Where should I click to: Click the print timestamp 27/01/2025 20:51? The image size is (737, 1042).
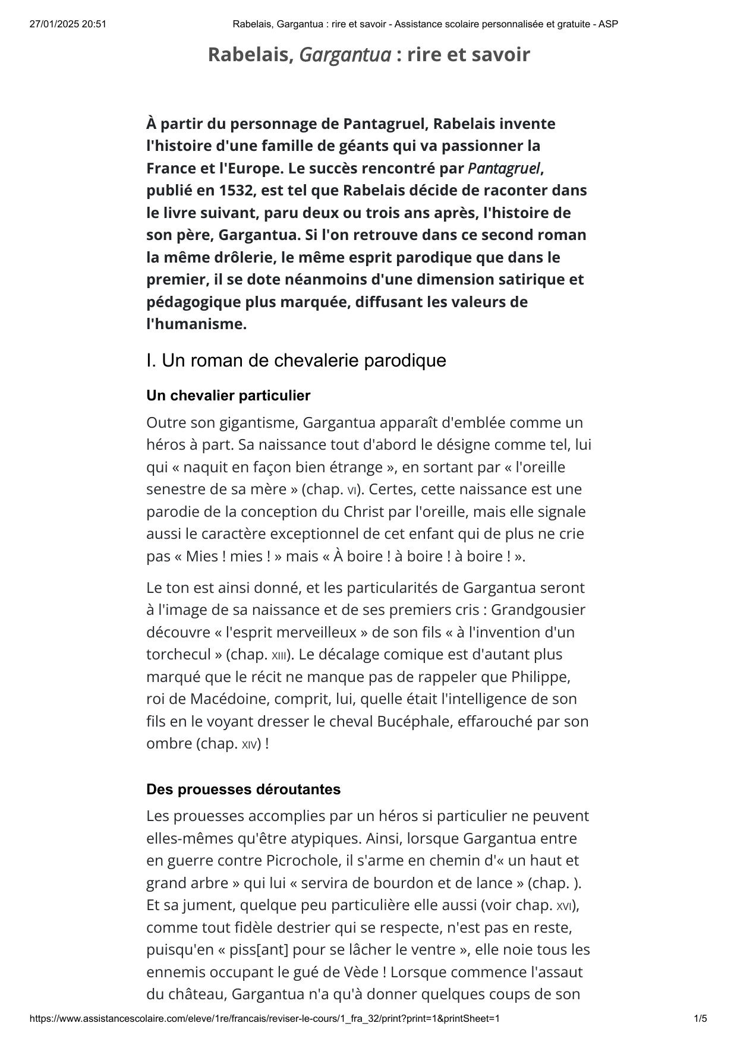(68, 24)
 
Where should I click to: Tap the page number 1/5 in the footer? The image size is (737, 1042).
(701, 1019)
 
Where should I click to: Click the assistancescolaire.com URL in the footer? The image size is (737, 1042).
(264, 1019)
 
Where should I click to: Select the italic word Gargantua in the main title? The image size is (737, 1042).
(345, 55)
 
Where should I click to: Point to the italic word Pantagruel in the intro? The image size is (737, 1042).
(504, 169)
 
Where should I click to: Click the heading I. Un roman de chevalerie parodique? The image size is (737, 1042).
(296, 361)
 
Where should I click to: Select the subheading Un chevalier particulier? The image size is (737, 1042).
(228, 396)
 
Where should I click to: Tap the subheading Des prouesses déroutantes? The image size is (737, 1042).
(243, 790)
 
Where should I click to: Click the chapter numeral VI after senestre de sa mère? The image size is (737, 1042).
(352, 490)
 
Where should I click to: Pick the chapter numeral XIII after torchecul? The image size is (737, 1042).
(279, 655)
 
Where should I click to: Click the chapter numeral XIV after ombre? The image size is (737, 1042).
(249, 744)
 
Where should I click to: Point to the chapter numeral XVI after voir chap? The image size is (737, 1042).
(564, 906)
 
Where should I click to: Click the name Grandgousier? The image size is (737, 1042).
(538, 610)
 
